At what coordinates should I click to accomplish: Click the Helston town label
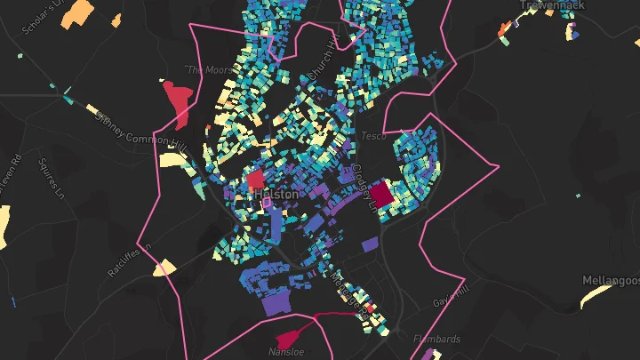[276, 193]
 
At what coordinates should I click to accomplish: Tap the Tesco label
[372, 136]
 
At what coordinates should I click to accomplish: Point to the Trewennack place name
[553, 5]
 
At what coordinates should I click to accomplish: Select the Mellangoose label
[612, 280]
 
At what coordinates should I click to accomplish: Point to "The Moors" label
[201, 68]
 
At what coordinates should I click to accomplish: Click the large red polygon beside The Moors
[180, 100]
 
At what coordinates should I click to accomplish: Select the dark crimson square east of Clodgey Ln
[381, 194]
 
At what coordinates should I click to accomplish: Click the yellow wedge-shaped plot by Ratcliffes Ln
[164, 268]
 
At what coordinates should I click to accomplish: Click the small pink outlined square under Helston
[266, 204]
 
